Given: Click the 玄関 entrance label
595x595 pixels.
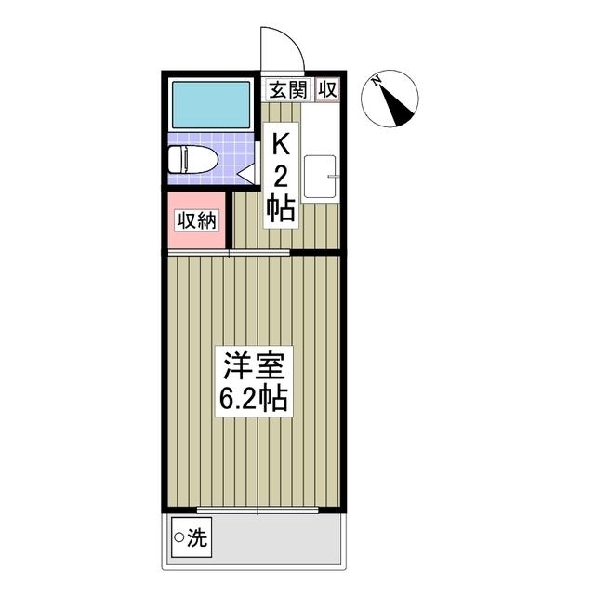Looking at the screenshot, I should (288, 89).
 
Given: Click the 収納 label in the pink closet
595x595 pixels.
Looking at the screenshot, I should (196, 221).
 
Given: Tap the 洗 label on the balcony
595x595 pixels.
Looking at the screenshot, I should (198, 536).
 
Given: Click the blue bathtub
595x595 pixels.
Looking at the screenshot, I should (212, 104).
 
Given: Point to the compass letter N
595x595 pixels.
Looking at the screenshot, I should (377, 82).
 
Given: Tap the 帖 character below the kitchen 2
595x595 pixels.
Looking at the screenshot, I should (281, 206).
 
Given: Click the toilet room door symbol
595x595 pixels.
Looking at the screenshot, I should (245, 173).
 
